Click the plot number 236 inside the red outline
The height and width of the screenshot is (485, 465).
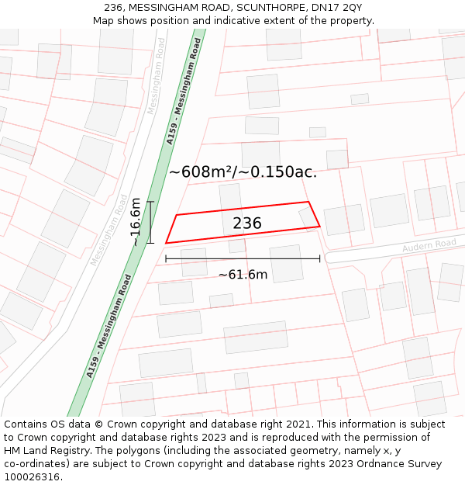pos(247,223)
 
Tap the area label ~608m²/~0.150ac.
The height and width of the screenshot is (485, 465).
pos(243,172)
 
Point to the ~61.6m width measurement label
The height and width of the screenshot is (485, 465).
pos(243,274)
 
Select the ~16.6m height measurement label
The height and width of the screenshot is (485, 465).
pos(136,222)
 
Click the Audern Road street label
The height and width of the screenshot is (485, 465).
pos(429,246)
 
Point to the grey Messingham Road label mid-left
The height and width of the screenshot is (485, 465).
pos(109,230)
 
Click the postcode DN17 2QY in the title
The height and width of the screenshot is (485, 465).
pos(341,8)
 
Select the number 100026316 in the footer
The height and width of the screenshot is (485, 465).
pos(33,477)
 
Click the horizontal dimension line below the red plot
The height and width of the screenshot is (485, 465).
pos(243,258)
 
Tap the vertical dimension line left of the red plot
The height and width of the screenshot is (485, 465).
pos(150,222)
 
